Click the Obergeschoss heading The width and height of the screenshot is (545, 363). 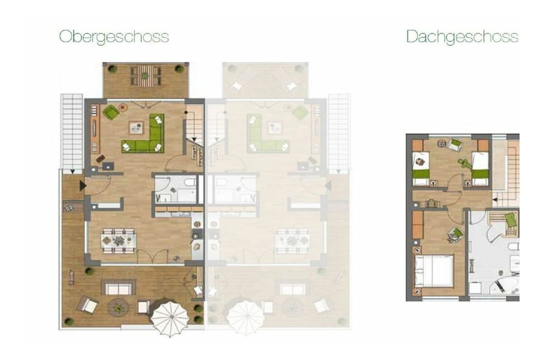[x=114, y=37]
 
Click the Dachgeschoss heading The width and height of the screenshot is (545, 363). [x=463, y=37]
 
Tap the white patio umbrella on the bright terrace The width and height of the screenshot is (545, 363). [x=170, y=316]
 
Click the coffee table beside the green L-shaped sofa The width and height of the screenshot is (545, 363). [x=136, y=128]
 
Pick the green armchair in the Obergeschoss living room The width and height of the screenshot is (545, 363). [x=111, y=112]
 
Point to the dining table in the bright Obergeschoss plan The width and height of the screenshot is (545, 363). [x=119, y=240]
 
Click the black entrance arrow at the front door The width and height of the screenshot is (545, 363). [x=82, y=185]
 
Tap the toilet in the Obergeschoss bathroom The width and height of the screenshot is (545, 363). [x=190, y=182]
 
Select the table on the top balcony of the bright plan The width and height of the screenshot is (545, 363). [x=145, y=75]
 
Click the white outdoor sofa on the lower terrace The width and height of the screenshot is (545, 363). [x=119, y=289]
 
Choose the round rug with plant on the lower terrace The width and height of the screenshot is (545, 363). [x=119, y=307]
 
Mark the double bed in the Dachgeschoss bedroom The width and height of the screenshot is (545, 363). [x=434, y=271]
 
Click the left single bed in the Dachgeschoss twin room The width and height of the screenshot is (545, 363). [x=420, y=169]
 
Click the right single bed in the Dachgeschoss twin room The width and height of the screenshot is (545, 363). [x=481, y=169]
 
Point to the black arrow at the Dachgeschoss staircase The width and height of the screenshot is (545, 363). [x=495, y=200]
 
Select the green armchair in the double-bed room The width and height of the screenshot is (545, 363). [x=456, y=234]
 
